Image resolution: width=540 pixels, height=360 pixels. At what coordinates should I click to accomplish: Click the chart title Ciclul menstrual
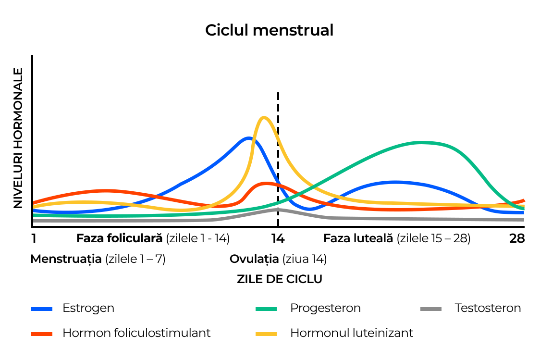pyautogui.click(x=269, y=30)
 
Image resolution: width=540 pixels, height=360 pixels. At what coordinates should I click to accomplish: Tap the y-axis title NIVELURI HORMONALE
pyautogui.click(x=18, y=138)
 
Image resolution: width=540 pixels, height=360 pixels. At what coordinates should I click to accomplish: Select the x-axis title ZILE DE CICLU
pyautogui.click(x=279, y=279)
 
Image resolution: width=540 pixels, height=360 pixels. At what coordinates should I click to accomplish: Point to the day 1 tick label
pyautogui.click(x=34, y=238)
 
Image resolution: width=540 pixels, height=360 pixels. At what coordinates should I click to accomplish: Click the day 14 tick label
pyautogui.click(x=278, y=238)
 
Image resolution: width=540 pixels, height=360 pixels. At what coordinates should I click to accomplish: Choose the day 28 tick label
pyautogui.click(x=517, y=238)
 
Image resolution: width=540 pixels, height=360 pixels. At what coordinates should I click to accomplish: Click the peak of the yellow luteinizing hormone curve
pyautogui.click(x=263, y=117)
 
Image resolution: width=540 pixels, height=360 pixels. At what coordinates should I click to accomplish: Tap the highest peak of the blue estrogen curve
pyautogui.click(x=248, y=138)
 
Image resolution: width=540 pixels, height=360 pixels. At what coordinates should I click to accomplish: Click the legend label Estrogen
pyautogui.click(x=88, y=308)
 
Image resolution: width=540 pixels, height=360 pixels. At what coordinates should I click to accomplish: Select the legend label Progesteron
pyautogui.click(x=325, y=308)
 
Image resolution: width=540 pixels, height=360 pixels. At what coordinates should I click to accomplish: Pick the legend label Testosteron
pyautogui.click(x=488, y=308)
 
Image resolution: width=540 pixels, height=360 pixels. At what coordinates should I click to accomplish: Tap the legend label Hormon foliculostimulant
pyautogui.click(x=136, y=333)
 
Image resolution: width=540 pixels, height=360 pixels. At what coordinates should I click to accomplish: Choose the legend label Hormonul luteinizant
pyautogui.click(x=352, y=333)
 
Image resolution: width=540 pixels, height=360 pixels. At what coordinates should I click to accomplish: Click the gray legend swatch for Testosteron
pyautogui.click(x=431, y=309)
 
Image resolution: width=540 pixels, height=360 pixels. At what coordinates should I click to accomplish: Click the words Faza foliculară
pyautogui.click(x=120, y=238)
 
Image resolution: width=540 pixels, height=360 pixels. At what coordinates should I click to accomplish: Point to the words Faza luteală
pyautogui.click(x=358, y=238)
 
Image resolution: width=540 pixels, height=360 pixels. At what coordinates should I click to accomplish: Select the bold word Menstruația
pyautogui.click(x=66, y=259)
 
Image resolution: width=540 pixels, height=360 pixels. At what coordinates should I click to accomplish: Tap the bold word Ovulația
pyautogui.click(x=254, y=259)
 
